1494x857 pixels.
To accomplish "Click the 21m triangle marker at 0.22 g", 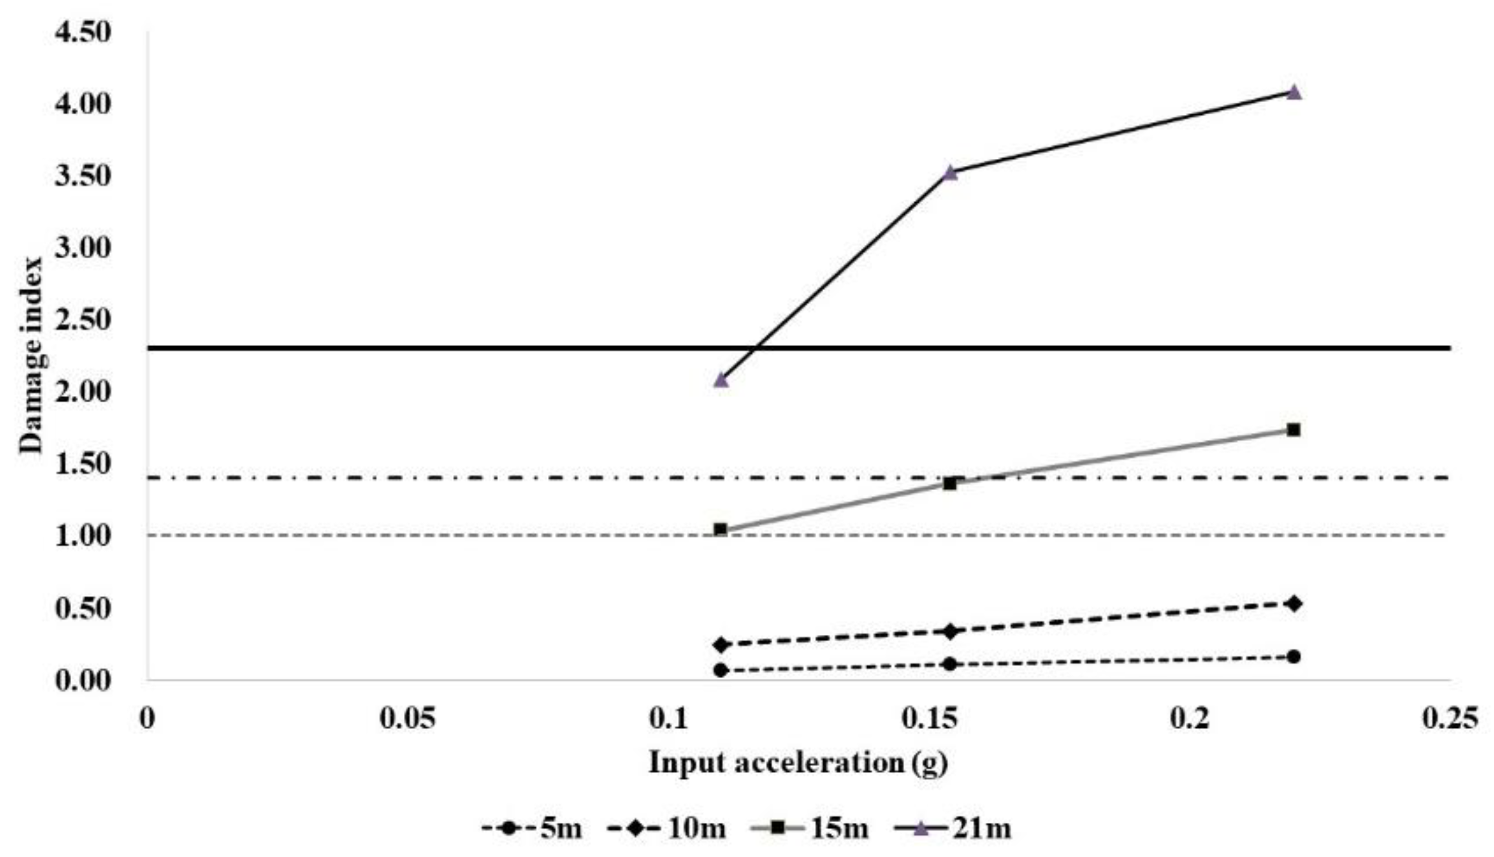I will pos(1293,92).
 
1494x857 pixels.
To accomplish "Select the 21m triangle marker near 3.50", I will pos(950,172).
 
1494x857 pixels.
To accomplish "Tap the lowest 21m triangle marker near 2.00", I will pos(721,380).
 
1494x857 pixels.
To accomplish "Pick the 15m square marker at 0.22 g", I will pos(1293,430).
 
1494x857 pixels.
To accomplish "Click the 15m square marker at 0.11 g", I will pos(721,530).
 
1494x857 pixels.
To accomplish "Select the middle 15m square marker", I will pos(949,483).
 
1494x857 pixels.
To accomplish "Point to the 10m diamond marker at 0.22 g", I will pos(1294,604).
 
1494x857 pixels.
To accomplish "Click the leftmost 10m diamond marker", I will pos(721,645).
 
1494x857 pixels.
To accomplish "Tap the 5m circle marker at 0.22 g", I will pos(1293,657).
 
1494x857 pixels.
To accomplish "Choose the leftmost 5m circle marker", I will pos(721,670).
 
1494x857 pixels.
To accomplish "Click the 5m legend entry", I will pos(532,828).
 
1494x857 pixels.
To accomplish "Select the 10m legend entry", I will pos(667,828).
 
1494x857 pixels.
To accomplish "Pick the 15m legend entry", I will pos(812,828).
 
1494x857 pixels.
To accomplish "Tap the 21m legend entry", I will pos(953,828).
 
